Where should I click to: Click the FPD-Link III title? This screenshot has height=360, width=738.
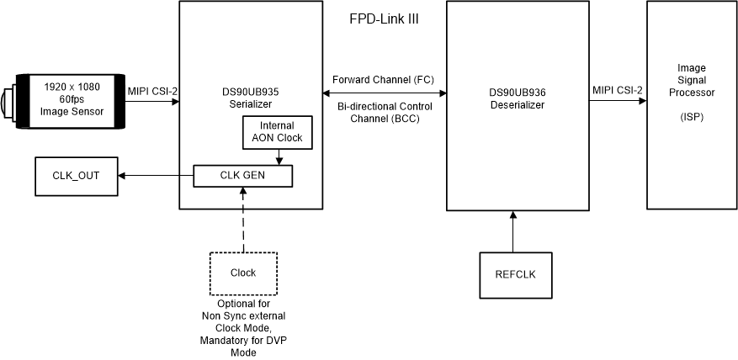coord(384,19)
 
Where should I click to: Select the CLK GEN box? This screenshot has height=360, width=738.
coord(242,176)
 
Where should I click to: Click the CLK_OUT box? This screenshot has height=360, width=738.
coord(77,176)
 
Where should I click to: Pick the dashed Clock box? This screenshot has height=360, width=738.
coord(242,273)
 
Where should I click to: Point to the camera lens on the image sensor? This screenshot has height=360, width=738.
coord(8,102)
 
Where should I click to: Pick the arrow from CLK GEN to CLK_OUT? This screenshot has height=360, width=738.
coord(156,176)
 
